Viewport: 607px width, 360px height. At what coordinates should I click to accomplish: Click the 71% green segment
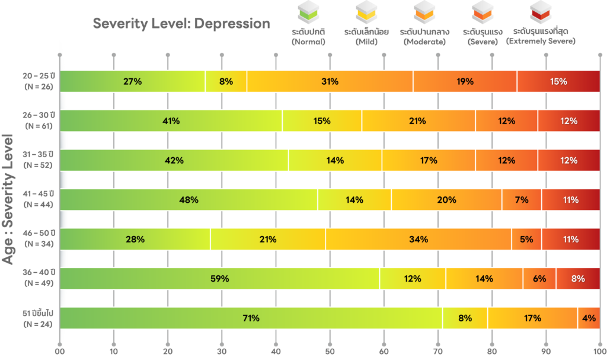click(251, 318)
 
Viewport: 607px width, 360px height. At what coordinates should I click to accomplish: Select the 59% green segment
click(219, 279)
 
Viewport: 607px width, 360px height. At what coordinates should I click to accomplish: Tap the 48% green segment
click(189, 200)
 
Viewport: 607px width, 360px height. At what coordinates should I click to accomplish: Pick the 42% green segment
click(174, 160)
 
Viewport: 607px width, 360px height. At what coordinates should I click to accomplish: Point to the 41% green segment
click(171, 121)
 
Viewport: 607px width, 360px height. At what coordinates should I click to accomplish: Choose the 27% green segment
click(132, 81)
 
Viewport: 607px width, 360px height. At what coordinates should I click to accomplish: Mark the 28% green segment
click(135, 239)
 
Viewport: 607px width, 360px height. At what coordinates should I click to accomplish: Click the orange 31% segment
click(330, 81)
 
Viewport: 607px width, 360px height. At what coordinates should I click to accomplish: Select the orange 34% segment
click(418, 239)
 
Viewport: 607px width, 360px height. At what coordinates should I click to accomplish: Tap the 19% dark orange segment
click(465, 81)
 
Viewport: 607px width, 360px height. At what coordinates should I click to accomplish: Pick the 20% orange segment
click(446, 200)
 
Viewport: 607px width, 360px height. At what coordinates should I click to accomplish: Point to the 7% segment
click(522, 200)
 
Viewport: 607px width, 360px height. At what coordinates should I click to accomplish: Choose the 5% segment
click(526, 239)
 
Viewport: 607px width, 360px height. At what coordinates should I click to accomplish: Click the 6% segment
click(539, 279)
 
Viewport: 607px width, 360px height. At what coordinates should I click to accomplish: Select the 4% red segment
click(589, 318)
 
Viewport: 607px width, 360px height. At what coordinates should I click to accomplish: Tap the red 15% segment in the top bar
click(558, 81)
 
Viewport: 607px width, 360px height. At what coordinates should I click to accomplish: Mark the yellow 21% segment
click(267, 239)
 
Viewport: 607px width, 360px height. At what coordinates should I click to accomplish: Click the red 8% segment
click(578, 279)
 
